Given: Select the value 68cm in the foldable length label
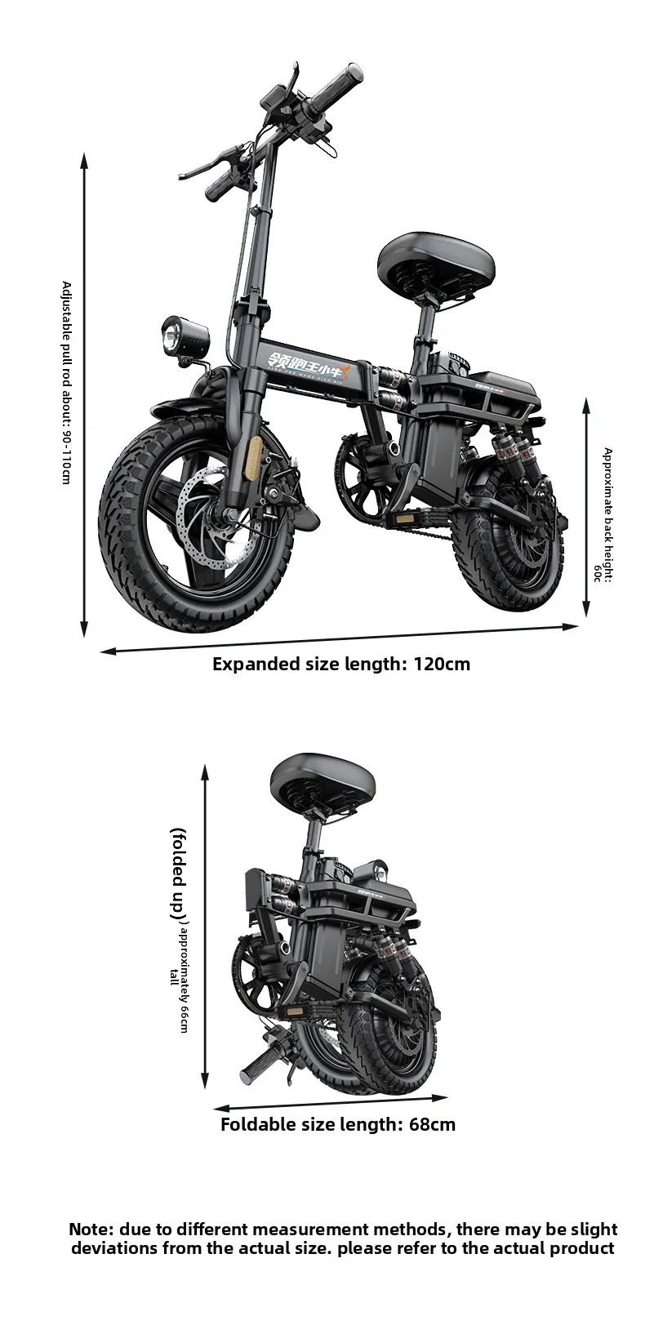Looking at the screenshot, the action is click(432, 1125).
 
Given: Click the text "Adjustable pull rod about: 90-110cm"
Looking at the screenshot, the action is click(66, 382).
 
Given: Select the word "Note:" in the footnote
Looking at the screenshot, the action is click(91, 1230).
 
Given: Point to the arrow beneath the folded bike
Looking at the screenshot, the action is click(330, 1103).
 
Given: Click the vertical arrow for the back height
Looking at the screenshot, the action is click(585, 506).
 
